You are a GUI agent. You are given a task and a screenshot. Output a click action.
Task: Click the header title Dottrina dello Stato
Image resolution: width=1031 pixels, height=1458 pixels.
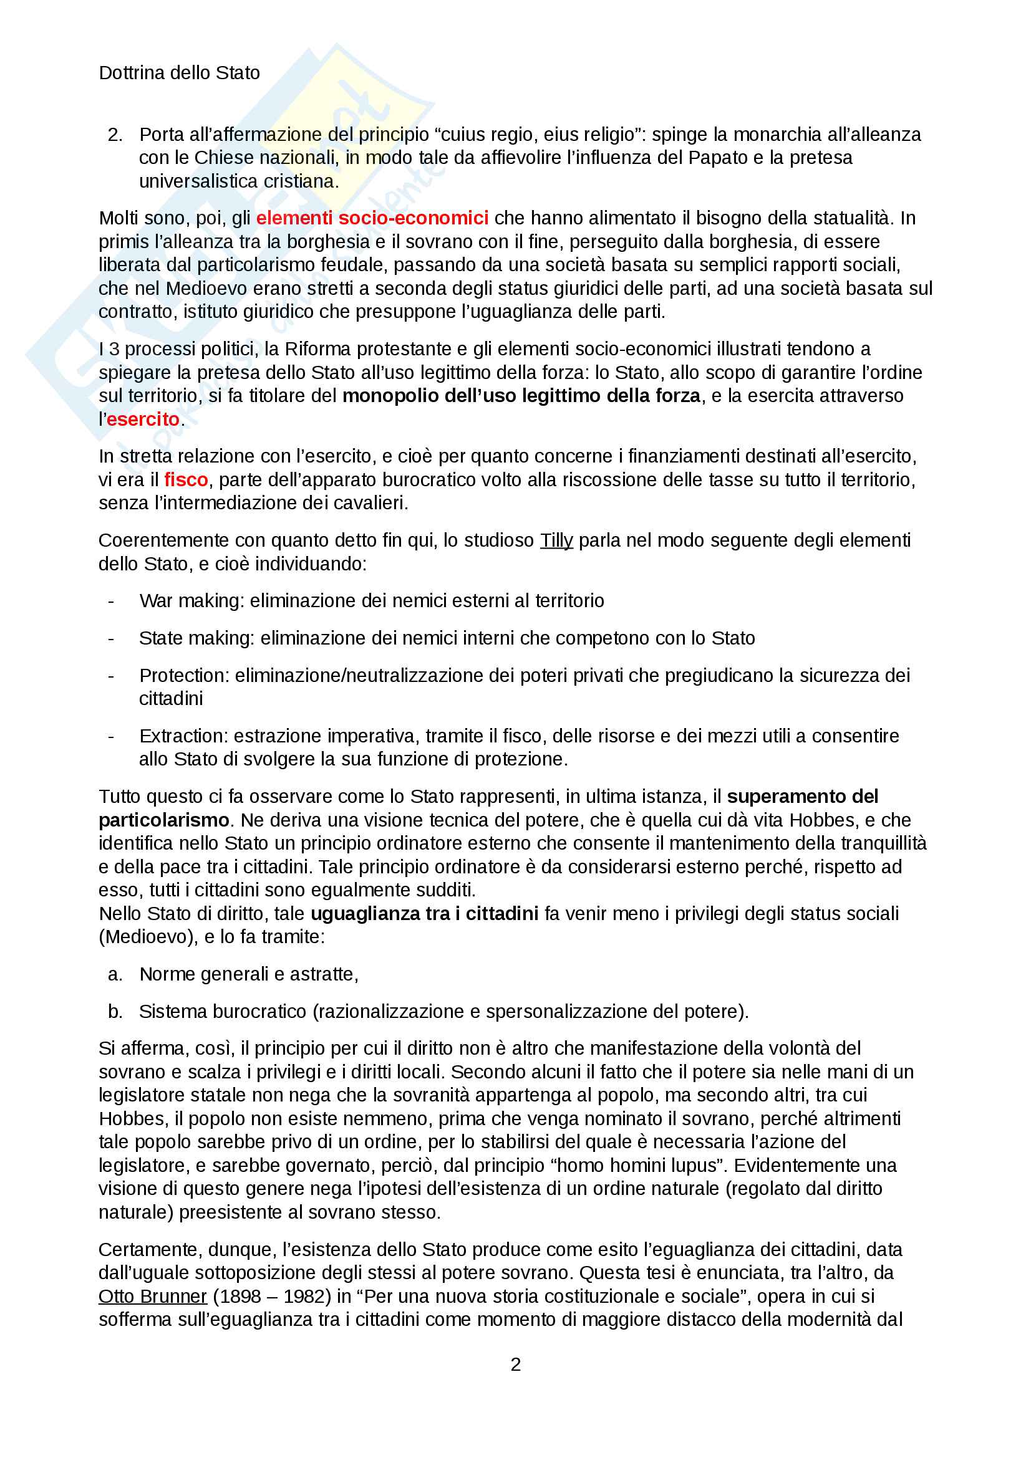pyautogui.click(x=179, y=73)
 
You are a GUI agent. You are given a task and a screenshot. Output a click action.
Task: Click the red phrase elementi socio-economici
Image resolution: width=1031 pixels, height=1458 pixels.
pyautogui.click(x=372, y=218)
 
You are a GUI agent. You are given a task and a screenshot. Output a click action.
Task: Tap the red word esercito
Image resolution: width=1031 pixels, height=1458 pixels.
pyautogui.click(x=143, y=419)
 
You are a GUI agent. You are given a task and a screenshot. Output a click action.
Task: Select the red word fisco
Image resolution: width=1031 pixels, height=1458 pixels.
pyautogui.click(x=186, y=479)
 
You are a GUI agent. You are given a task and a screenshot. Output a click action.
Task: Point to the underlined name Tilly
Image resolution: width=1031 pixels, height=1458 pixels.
pyautogui.click(x=556, y=540)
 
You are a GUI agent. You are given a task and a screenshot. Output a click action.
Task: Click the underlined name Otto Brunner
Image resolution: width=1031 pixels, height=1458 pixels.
pyautogui.click(x=152, y=1296)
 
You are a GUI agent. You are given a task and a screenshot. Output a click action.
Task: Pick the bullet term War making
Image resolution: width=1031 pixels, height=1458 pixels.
pyautogui.click(x=191, y=601)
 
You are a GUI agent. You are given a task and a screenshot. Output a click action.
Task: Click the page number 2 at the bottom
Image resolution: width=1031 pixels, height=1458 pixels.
pyautogui.click(x=516, y=1364)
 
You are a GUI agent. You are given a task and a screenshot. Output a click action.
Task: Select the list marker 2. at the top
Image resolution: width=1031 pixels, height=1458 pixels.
pyautogui.click(x=115, y=135)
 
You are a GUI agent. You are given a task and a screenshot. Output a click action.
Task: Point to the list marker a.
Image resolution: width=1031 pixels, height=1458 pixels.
pyautogui.click(x=115, y=974)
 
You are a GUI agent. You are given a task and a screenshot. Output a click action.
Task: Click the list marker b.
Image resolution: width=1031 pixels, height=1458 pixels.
pyautogui.click(x=115, y=1012)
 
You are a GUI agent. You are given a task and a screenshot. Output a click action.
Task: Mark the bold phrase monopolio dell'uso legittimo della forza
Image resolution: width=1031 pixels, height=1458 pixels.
pyautogui.click(x=521, y=396)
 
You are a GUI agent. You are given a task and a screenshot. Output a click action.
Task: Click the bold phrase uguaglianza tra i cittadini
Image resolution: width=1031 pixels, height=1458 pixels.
pyautogui.click(x=424, y=914)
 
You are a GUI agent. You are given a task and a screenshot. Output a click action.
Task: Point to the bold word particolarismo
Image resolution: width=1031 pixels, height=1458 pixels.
pyautogui.click(x=164, y=820)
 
